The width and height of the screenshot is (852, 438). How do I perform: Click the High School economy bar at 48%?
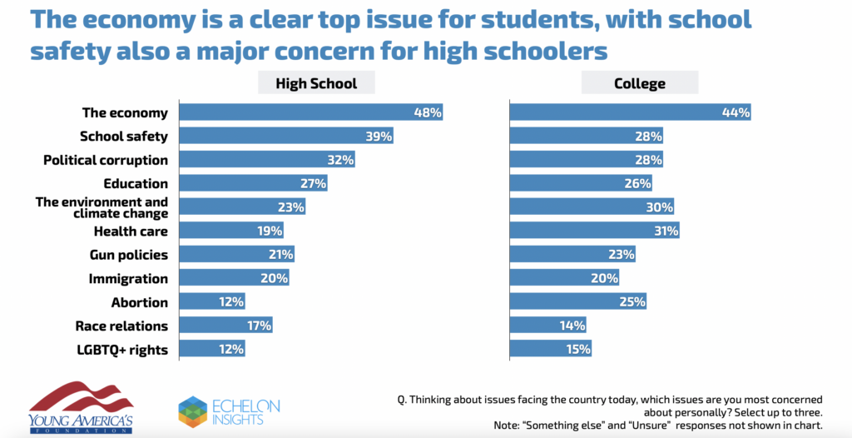click(310, 112)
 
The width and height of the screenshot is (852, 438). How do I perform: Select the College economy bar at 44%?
click(630, 112)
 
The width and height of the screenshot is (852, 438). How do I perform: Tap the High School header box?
click(315, 83)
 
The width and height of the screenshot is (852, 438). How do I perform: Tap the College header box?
click(640, 83)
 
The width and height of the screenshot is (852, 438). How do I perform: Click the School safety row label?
click(123, 137)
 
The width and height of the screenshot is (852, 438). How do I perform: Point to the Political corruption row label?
click(106, 160)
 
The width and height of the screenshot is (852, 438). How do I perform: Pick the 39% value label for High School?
click(379, 137)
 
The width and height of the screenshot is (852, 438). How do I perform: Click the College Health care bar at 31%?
click(594, 231)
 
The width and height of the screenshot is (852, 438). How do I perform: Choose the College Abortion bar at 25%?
click(578, 302)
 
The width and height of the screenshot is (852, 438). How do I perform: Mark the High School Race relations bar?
click(225, 326)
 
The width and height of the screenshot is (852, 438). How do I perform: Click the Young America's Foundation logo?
click(82, 406)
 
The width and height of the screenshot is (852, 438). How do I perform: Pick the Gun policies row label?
click(128, 255)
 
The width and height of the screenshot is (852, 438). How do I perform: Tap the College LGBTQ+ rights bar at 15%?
click(551, 350)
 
